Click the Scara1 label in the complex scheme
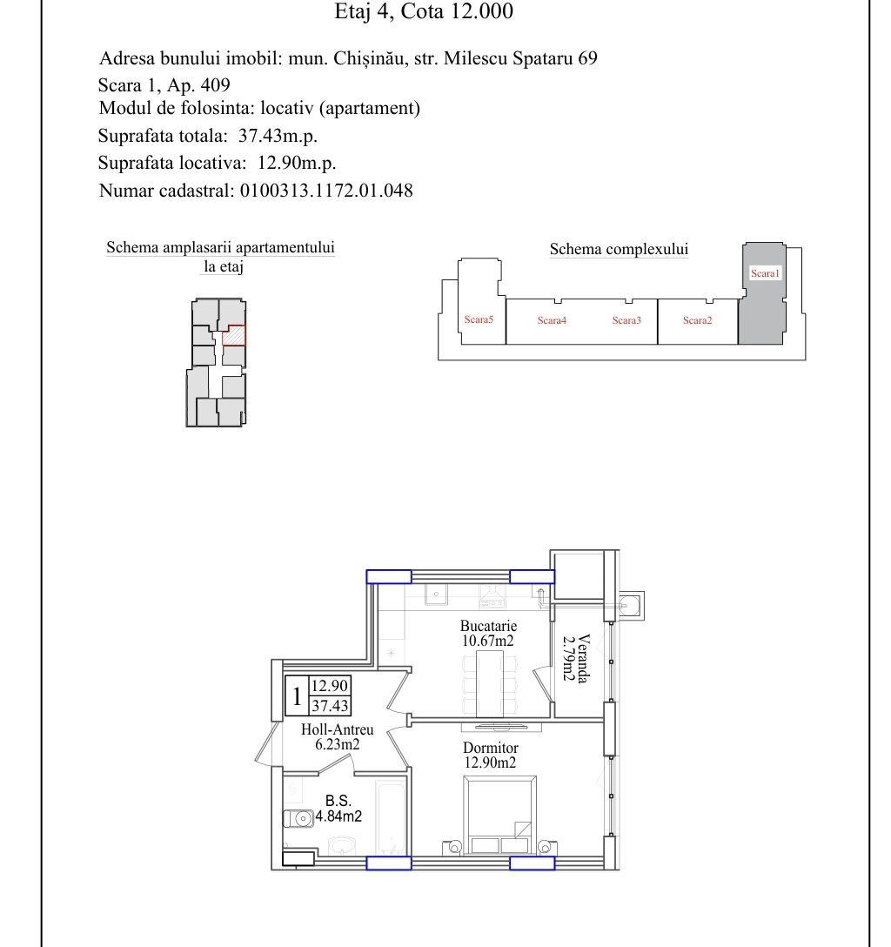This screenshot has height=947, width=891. [765, 273]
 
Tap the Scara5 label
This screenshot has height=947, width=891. [479, 319]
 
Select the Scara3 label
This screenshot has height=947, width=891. [626, 320]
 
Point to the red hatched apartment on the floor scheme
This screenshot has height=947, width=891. [233, 336]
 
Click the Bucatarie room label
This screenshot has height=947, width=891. [488, 626]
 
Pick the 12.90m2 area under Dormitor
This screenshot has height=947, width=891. [490, 762]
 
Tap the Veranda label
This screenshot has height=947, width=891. [583, 658]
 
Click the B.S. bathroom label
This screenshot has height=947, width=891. [338, 801]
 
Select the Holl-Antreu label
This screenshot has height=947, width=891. [338, 729]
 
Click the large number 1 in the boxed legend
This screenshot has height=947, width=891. [297, 696]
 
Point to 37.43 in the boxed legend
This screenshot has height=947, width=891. [330, 705]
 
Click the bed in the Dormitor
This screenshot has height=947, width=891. [499, 816]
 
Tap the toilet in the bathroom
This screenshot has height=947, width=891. [298, 819]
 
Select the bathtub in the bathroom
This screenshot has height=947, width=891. [392, 818]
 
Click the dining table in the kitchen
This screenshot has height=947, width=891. [490, 683]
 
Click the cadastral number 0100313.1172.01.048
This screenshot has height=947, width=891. [326, 191]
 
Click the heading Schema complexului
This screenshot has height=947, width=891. [619, 249]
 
